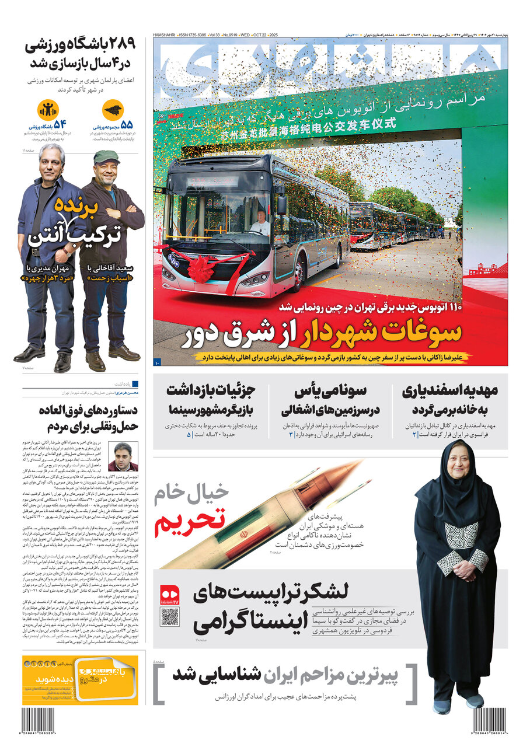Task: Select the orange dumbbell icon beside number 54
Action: (46, 110)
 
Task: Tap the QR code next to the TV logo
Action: (170, 617)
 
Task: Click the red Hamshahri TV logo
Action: (170, 594)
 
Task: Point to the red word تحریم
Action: (189, 521)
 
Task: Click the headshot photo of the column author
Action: (123, 456)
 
